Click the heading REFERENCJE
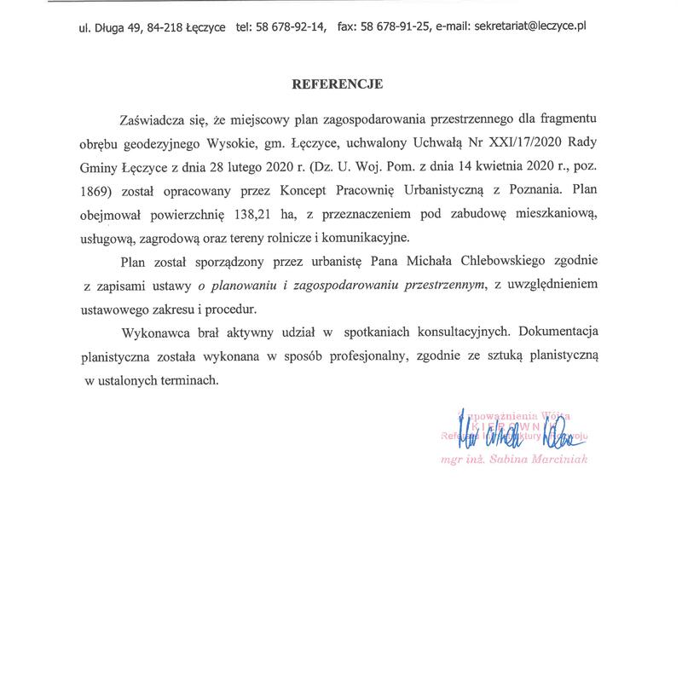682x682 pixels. (338, 84)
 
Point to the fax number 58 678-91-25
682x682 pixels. (395, 26)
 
